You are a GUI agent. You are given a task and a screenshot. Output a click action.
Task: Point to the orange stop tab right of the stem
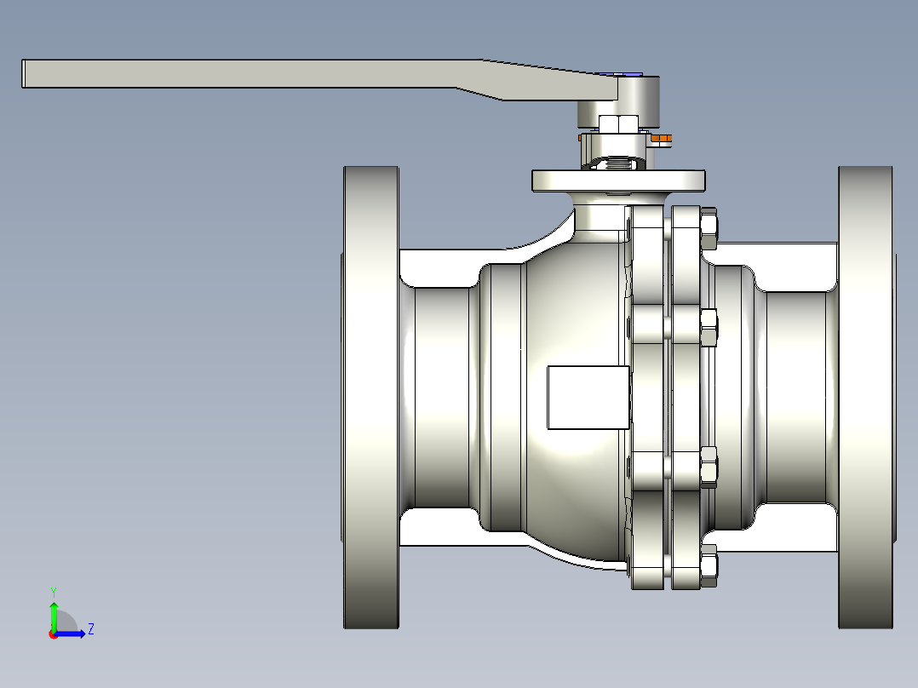click(x=663, y=138)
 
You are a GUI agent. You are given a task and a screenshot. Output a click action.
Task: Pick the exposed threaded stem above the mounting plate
click(x=614, y=161)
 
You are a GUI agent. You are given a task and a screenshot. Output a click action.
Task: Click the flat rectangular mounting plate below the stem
click(x=618, y=181)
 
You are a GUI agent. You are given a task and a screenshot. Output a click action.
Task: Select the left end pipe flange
click(x=371, y=397)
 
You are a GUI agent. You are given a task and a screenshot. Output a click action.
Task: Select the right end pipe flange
click(x=865, y=397)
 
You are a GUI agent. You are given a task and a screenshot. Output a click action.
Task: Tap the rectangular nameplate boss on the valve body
click(x=588, y=397)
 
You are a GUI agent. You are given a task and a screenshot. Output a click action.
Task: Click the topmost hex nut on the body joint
click(x=709, y=232)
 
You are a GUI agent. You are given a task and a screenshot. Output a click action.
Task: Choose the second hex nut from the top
click(x=709, y=329)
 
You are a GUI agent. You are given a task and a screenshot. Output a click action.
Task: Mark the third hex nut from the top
click(x=709, y=467)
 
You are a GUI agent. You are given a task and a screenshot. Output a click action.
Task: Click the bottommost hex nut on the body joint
click(x=709, y=566)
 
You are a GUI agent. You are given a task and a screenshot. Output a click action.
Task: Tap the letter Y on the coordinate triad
click(x=54, y=591)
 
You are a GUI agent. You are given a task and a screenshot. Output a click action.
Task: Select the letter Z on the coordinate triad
click(x=90, y=629)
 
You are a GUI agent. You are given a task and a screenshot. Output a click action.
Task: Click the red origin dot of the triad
click(x=54, y=634)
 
